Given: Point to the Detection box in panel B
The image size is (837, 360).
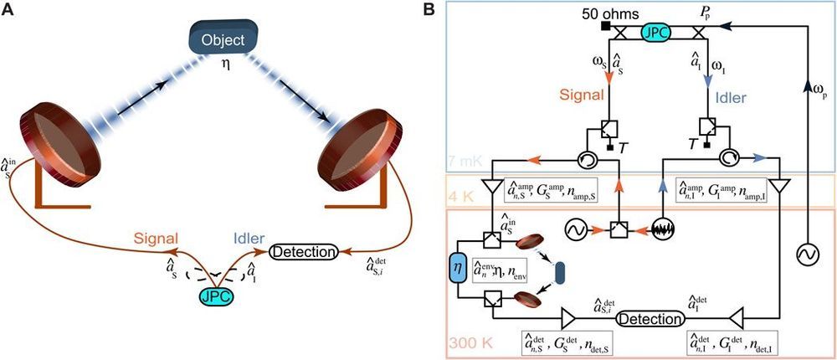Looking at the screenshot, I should tap(650, 319).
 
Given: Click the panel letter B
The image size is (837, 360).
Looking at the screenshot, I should tap(453, 11).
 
